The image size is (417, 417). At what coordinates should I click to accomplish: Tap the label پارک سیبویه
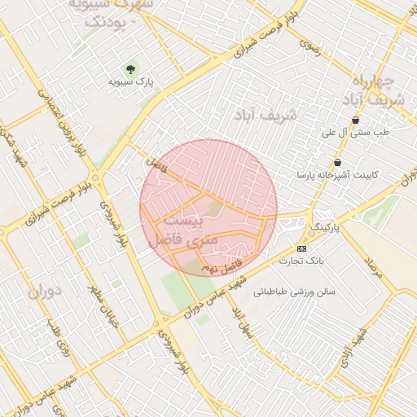pyautogui.click(x=131, y=81)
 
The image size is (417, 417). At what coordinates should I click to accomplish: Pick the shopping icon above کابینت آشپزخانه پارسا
pyautogui.click(x=337, y=163)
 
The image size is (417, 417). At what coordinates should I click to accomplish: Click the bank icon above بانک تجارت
pyautogui.click(x=302, y=248)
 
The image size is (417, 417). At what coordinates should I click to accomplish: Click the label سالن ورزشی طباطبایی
pyautogui.click(x=294, y=291)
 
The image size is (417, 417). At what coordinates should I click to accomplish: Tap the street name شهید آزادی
pyautogui.click(x=360, y=345)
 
